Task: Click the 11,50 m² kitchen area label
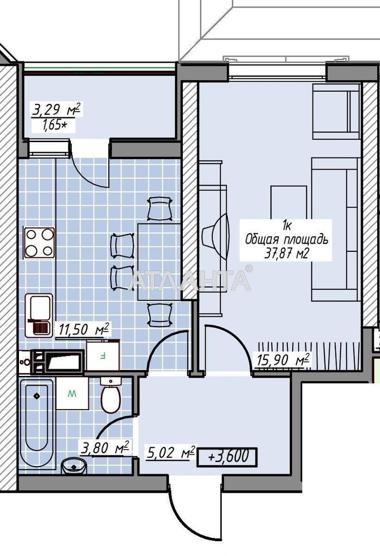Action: point(83,329)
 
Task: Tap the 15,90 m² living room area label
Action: point(283,360)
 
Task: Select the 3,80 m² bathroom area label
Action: point(105,448)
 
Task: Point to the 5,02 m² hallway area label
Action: point(171,453)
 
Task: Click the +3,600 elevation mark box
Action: point(227,456)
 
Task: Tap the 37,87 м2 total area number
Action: point(286,254)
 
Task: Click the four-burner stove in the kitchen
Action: point(39,242)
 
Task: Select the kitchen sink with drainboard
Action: point(39,315)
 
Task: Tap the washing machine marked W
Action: point(72,393)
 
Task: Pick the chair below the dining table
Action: point(160,315)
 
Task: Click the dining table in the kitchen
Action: point(160,262)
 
